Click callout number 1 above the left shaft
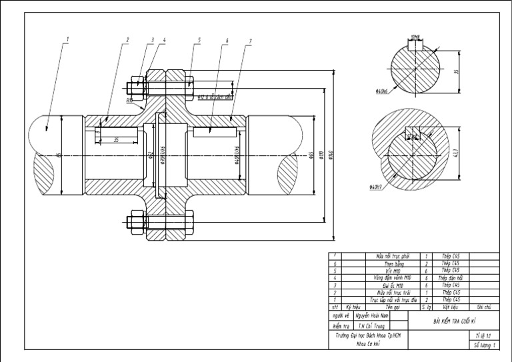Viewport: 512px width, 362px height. pos(67,41)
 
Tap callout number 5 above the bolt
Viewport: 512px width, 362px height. pos(198,41)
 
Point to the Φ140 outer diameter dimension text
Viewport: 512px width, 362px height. pos(332,160)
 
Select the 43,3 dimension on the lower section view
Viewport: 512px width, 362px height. pos(455,152)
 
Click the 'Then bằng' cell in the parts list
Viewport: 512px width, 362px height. pos(386,263)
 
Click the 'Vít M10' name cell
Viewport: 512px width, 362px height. pos(386,271)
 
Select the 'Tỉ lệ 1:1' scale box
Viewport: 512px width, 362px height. pos(483,335)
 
